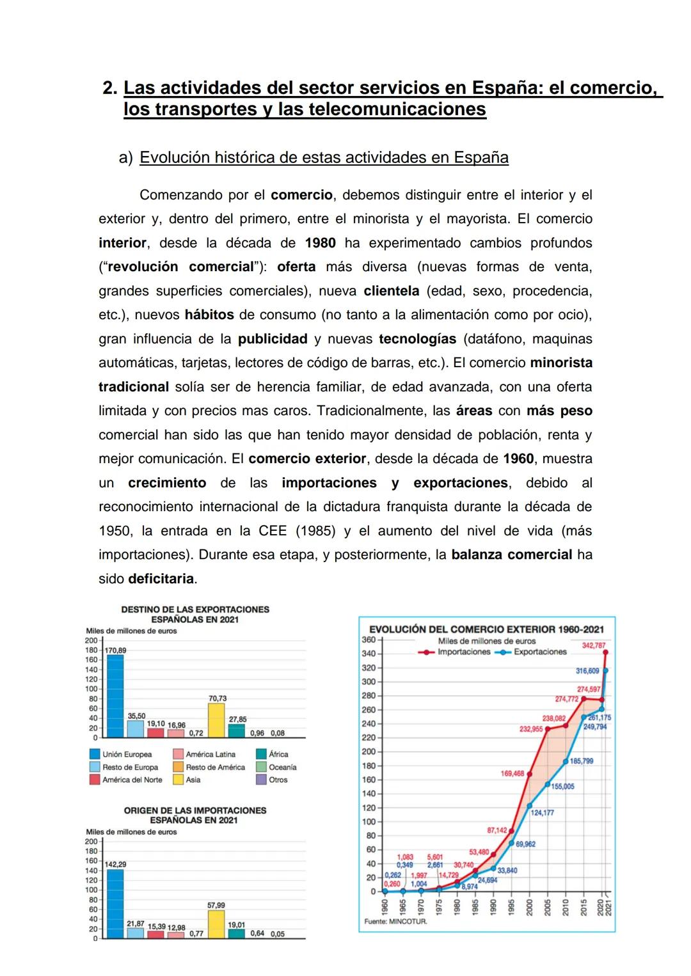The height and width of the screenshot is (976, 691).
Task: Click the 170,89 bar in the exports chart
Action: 115,696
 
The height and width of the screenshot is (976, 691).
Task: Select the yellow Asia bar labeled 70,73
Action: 217,720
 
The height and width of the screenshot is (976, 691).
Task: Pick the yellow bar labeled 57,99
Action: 217,924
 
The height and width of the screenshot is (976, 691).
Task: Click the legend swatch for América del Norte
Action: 94,780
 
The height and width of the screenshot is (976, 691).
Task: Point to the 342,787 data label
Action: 593,645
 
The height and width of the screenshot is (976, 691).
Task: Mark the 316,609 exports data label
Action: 587,671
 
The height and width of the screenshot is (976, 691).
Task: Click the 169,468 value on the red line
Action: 512,774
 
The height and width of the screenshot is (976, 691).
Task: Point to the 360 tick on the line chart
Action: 369,640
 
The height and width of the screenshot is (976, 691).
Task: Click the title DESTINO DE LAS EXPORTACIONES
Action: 195,610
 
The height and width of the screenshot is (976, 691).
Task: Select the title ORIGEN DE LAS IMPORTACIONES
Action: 195,810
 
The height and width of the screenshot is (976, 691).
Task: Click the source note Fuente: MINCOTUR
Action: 395,922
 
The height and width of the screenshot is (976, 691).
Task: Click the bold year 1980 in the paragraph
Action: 320,243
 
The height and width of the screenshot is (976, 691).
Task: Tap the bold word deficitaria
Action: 161,579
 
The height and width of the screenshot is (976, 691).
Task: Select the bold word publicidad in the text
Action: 273,339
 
